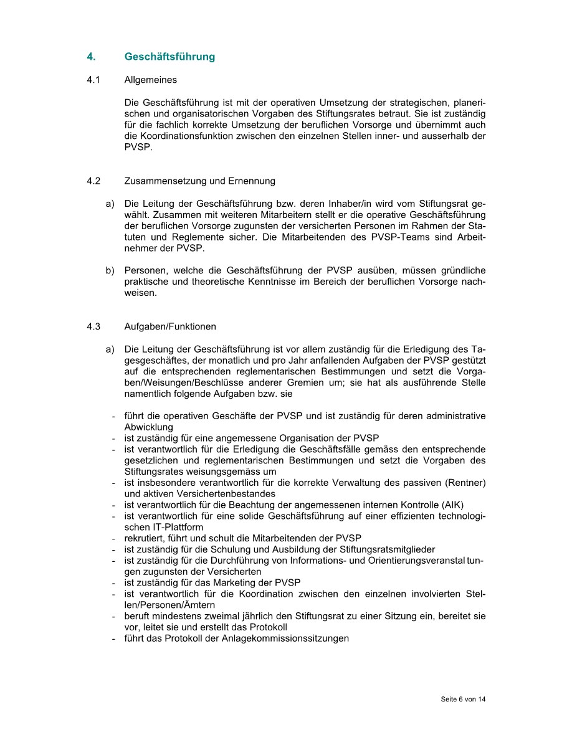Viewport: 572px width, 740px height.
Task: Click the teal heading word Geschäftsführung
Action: tap(169, 57)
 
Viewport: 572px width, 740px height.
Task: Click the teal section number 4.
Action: tap(91, 57)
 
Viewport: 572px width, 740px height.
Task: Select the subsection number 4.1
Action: tap(93, 80)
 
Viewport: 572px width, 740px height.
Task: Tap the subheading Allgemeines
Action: tap(150, 80)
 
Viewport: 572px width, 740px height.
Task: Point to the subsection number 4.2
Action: tap(93, 181)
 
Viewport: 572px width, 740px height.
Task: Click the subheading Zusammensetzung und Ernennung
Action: tap(199, 181)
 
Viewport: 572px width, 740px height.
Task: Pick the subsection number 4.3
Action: tap(93, 326)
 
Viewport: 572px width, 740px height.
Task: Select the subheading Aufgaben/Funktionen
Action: tap(170, 326)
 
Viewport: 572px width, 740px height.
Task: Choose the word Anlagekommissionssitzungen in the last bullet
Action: tap(285, 638)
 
